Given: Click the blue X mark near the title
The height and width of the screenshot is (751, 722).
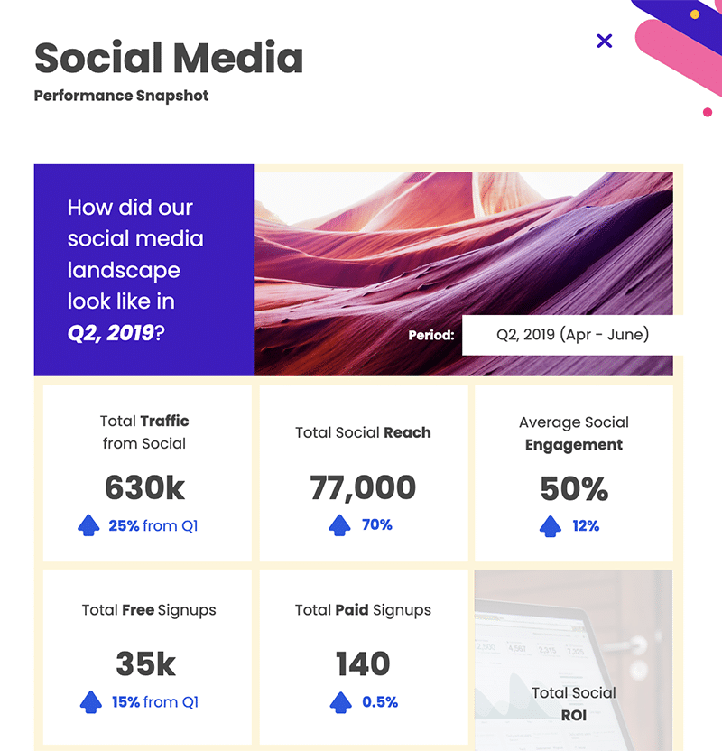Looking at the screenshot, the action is (x=604, y=41).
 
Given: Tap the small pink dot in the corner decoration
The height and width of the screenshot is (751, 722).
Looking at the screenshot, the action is (x=708, y=112).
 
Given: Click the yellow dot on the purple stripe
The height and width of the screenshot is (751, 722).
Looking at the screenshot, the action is (x=695, y=14).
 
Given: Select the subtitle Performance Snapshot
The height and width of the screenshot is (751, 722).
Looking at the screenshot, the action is (x=121, y=96).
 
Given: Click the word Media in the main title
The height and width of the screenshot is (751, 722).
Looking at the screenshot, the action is (x=237, y=58).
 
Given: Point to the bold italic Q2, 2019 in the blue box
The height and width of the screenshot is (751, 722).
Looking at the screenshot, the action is (x=111, y=333).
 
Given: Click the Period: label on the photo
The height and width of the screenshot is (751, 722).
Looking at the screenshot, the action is (x=430, y=335).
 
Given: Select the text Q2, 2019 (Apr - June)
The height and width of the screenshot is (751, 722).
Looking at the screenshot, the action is (x=572, y=334).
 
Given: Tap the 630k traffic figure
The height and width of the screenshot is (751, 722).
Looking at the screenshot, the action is (x=144, y=488).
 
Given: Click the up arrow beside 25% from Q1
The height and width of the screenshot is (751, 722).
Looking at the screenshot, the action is (x=88, y=525).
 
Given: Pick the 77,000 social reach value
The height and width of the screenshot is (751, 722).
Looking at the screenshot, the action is (x=363, y=488).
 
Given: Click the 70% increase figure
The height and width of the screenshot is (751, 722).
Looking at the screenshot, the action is (x=377, y=525).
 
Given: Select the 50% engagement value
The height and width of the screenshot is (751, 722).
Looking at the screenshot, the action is (x=574, y=489).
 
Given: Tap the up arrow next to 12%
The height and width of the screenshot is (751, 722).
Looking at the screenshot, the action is (x=551, y=526).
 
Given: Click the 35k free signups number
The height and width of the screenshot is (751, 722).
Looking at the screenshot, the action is (x=146, y=663).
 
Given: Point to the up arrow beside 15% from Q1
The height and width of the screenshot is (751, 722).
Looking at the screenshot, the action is (x=91, y=702).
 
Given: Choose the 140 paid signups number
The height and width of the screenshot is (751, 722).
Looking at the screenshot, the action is (x=363, y=663).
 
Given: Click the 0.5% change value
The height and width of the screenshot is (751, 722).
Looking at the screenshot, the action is (x=380, y=702).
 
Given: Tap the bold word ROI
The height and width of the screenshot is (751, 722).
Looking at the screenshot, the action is (x=574, y=716).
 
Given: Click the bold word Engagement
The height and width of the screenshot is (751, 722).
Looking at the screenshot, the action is (x=574, y=445).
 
